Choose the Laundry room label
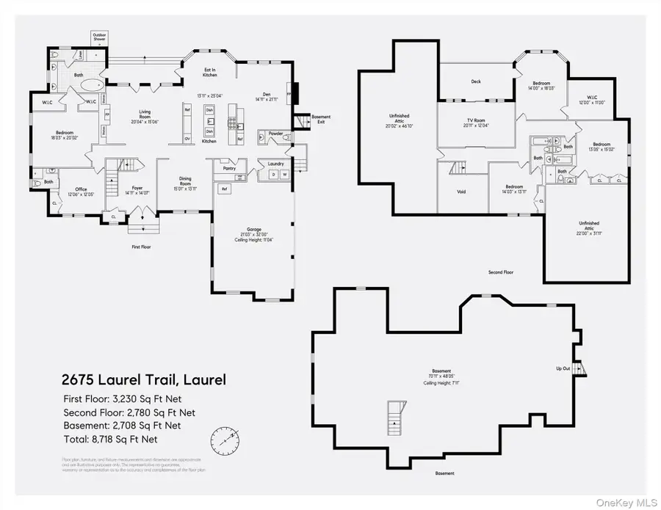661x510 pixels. pos(275,164)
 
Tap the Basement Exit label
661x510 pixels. pos(321,119)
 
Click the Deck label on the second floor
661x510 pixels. pos(476,81)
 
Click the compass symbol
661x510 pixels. pos(225,440)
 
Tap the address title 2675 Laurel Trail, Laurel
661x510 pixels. pos(142,380)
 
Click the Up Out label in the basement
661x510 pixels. pos(563,368)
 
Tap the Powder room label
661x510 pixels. pos(275,133)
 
